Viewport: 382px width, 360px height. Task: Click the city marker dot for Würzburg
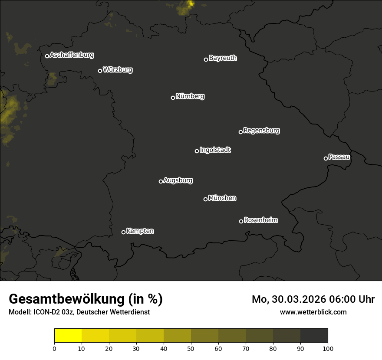[x=100, y=71]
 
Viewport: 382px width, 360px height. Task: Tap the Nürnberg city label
[x=190, y=96]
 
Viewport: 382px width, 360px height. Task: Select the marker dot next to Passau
[x=326, y=158]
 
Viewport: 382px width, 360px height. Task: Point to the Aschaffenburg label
[x=72, y=55]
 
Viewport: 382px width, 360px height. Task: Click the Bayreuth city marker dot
[x=206, y=59]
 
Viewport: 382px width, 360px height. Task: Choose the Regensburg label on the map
[x=261, y=130]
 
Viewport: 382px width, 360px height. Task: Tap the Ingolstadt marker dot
[x=197, y=151]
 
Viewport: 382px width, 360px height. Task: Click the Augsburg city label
[x=178, y=180]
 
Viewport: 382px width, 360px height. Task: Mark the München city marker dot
[x=205, y=199]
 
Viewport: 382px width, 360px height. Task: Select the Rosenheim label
[x=260, y=220]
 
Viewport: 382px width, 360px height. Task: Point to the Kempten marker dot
[x=123, y=232]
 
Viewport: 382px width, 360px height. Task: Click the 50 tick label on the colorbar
[x=191, y=348]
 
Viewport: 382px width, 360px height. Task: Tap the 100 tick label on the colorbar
[x=328, y=348]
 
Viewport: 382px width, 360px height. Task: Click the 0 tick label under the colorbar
[x=54, y=348]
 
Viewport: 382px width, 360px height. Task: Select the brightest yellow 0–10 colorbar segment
[x=68, y=336]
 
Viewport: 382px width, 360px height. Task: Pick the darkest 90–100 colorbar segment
[x=314, y=336]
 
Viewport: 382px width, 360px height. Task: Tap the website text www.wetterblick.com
[x=313, y=312]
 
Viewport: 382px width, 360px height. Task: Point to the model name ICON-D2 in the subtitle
[x=46, y=312]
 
